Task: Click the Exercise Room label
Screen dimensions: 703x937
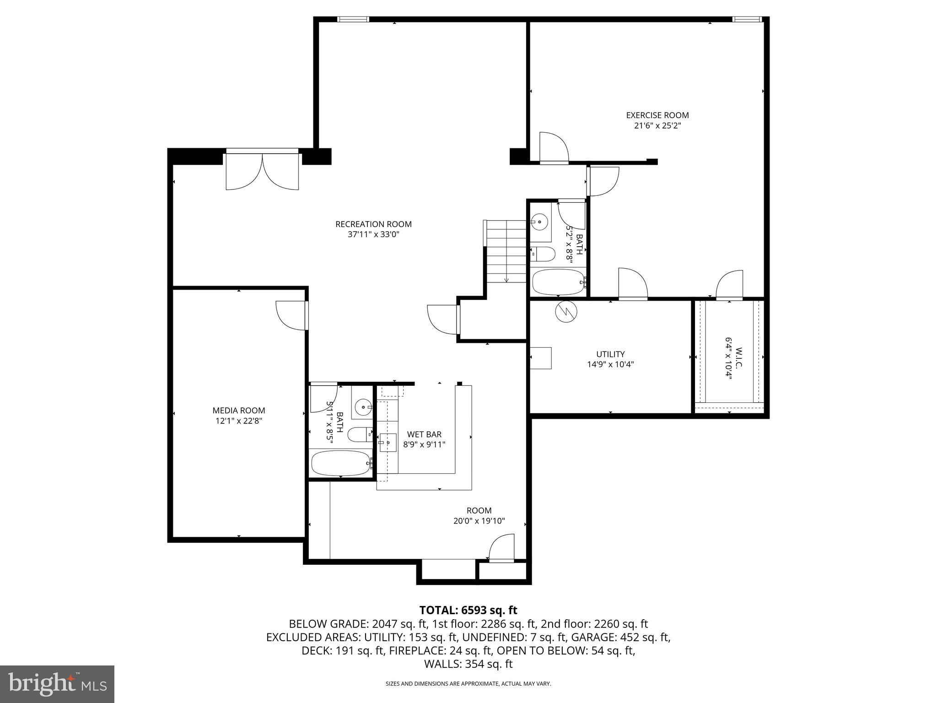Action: pos(657,115)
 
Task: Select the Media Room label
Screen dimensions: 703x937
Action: pos(238,411)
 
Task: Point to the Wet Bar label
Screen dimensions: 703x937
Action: pos(424,434)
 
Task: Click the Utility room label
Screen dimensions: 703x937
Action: pos(610,354)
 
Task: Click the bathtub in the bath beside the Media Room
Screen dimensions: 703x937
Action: pos(341,463)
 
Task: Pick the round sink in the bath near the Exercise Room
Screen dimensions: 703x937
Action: pos(540,222)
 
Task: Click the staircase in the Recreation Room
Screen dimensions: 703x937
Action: pos(506,252)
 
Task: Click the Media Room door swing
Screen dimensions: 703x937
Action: pos(291,314)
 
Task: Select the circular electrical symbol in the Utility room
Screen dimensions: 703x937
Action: pos(566,312)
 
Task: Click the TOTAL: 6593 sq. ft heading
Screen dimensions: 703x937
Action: pos(468,610)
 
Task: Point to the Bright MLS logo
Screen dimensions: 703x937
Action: pos(57,683)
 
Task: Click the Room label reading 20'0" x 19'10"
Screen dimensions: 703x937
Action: pos(479,521)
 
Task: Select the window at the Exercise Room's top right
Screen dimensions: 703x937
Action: pos(747,19)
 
